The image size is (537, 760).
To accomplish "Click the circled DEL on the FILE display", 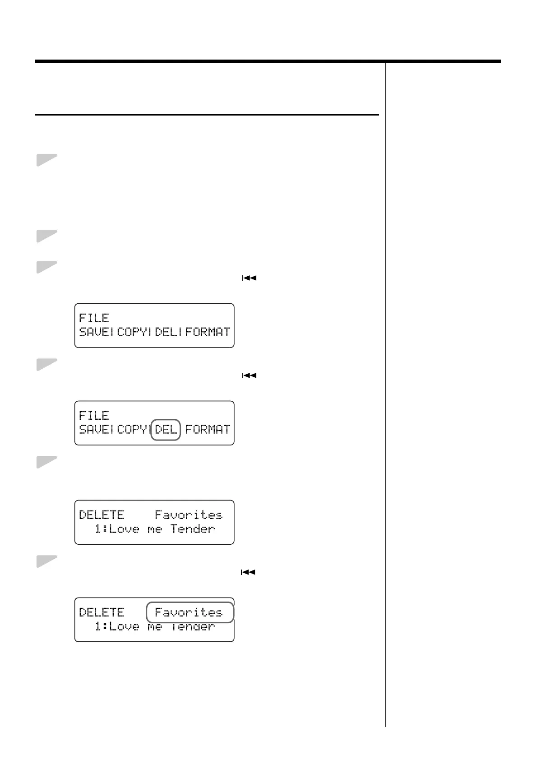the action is (166, 429).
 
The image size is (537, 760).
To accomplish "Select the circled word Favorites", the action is (189, 612).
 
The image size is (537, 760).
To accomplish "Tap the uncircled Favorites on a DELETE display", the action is (189, 515).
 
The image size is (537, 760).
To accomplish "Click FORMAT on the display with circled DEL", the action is (208, 429).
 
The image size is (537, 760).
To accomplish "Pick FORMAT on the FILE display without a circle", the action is (208, 332).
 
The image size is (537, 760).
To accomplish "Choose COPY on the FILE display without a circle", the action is (132, 332).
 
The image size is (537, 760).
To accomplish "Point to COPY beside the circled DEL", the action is (132, 429).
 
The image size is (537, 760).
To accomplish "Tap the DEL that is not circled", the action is (166, 332).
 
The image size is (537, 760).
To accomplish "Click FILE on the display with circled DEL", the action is (94, 415).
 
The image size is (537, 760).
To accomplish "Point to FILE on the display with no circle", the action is (94, 318).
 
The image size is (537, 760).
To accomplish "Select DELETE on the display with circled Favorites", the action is (102, 612).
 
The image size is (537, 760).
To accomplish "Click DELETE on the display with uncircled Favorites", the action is (102, 515).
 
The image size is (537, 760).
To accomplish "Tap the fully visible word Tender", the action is (193, 529).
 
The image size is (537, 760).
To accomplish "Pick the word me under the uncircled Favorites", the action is (154, 529).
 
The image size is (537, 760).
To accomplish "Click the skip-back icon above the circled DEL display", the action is (249, 375).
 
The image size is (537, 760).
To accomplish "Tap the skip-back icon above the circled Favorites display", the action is (248, 572).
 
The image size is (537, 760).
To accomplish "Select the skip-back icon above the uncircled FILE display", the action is (249, 278).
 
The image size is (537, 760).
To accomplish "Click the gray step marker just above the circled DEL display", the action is (46, 364).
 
